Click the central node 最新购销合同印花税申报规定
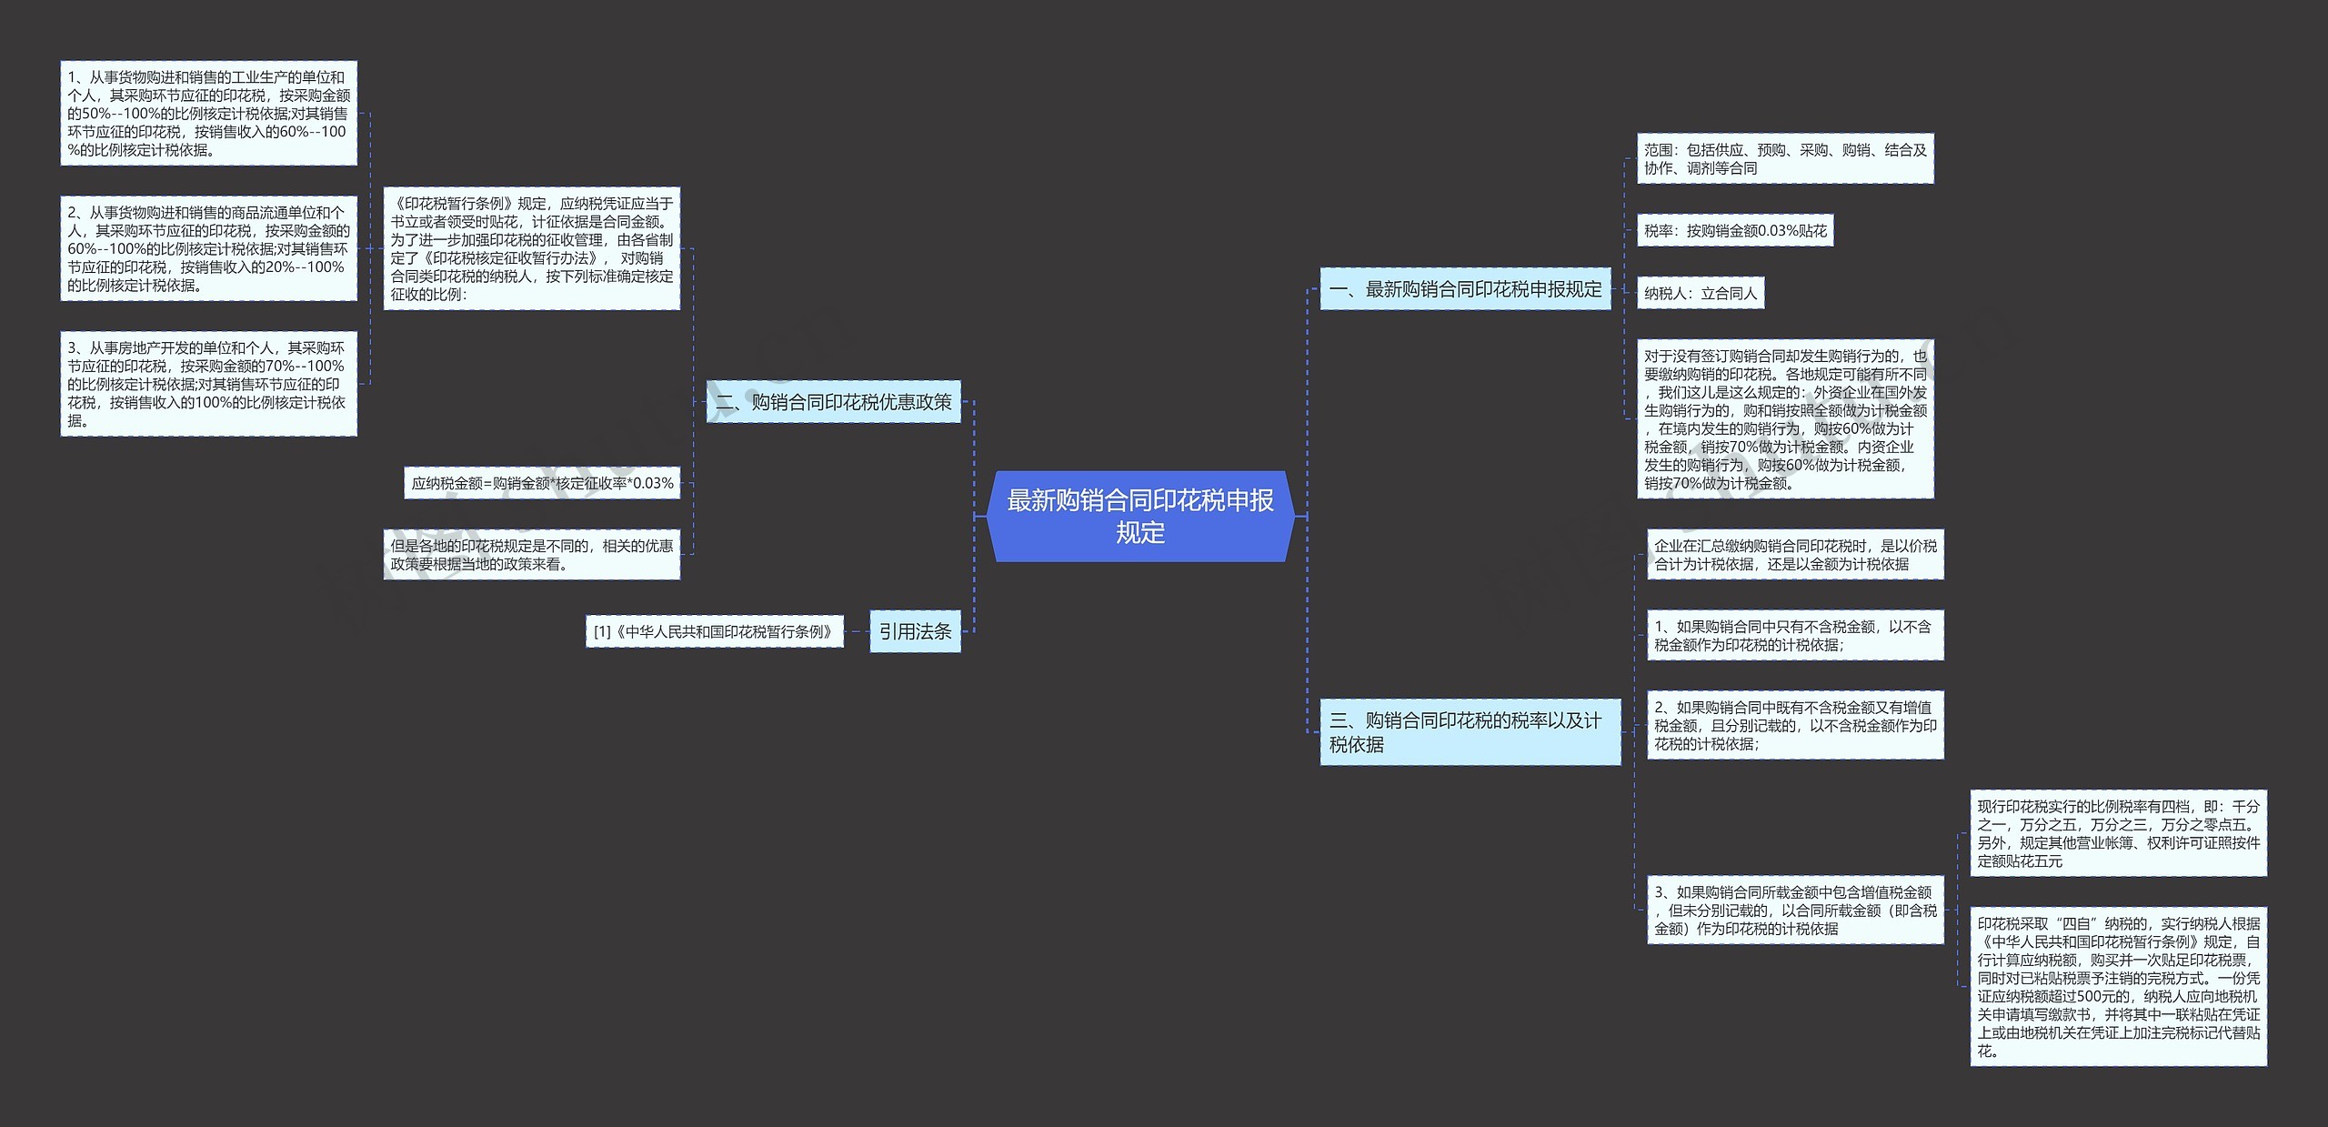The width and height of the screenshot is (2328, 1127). coord(1139,516)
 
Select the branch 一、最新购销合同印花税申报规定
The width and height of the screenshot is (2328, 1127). coord(1464,289)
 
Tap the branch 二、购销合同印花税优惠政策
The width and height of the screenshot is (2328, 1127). coord(833,402)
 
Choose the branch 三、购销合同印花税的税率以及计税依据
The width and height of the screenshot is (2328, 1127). coord(1469,732)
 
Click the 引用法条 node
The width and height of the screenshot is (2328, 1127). coord(915,631)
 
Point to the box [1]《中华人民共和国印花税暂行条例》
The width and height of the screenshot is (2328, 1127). coord(714,631)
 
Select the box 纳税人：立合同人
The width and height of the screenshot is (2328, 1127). coord(1700,293)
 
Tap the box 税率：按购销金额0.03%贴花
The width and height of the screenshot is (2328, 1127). coord(1734,231)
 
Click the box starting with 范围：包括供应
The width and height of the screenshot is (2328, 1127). coord(1784,159)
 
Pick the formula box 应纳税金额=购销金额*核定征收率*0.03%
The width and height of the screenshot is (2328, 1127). coord(542,483)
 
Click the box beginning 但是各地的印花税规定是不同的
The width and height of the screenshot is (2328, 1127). coord(531,555)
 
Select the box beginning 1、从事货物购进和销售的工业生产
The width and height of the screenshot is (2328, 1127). coord(208,114)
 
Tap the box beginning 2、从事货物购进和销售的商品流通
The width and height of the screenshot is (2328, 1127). coord(208,248)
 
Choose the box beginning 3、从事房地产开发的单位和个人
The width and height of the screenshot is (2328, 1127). coord(208,384)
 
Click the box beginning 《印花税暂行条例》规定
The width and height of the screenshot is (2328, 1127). coord(531,248)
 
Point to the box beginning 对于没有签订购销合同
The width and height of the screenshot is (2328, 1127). coord(1784,419)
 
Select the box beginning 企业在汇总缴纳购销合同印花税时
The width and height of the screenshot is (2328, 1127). coord(1794,555)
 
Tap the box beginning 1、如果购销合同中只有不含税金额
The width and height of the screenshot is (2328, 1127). coord(1794,635)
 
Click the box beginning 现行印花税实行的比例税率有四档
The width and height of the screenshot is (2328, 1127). coord(2117,833)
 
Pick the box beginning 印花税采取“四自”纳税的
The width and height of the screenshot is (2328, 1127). coord(2117,987)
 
